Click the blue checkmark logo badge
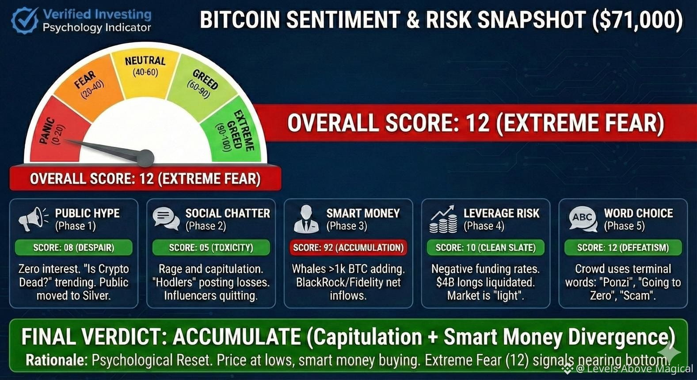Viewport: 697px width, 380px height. click(25, 20)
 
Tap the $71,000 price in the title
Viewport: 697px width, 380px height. click(638, 20)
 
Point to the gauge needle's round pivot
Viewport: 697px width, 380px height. click(145, 158)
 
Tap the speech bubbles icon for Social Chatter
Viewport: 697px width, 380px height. click(166, 219)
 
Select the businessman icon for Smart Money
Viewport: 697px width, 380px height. click(306, 219)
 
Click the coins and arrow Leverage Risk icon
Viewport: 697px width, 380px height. click(443, 219)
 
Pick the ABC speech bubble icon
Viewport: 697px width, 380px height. click(583, 219)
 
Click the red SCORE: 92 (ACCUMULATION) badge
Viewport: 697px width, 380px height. click(348, 247)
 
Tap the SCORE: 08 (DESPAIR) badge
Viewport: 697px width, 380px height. click(74, 247)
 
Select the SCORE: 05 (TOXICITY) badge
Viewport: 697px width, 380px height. click(211, 247)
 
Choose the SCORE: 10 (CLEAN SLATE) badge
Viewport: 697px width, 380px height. click(486, 247)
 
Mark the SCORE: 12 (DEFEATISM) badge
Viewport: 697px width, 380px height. click(623, 247)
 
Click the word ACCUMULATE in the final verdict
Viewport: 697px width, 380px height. click(237, 337)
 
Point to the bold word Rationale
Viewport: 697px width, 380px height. click(55, 361)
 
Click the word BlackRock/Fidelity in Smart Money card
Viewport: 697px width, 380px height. click(338, 282)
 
